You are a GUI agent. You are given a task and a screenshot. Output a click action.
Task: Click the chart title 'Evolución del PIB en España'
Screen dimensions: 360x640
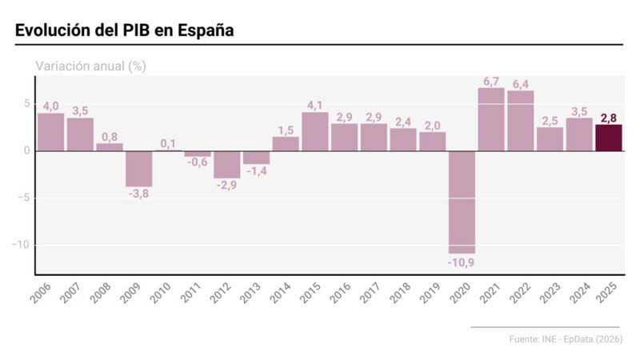(x=124, y=30)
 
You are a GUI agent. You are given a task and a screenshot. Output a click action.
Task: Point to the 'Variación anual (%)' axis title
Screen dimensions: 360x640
(x=90, y=66)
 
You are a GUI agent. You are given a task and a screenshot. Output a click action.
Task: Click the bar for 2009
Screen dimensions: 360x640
(x=138, y=168)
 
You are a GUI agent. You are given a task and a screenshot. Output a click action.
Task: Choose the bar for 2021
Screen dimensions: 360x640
(x=491, y=119)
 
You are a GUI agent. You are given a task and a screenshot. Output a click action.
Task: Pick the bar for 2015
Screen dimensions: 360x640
(x=315, y=131)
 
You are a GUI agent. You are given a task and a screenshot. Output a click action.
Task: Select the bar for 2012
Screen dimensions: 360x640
(x=226, y=164)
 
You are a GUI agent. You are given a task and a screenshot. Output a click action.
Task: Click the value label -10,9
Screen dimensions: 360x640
(x=462, y=262)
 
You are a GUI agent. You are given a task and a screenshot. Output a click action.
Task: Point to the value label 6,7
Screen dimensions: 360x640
(x=491, y=81)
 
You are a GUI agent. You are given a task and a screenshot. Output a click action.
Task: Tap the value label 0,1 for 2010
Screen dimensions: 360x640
(x=168, y=143)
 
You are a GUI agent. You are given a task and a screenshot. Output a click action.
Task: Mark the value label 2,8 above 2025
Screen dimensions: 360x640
(x=609, y=118)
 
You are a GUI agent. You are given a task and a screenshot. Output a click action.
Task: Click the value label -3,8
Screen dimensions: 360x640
(x=138, y=195)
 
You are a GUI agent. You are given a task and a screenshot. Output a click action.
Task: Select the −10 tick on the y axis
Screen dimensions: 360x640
(x=19, y=245)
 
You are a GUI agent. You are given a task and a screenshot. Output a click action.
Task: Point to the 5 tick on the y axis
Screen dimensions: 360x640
(x=26, y=104)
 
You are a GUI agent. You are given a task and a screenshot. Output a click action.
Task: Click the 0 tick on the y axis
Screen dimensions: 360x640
(x=26, y=150)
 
